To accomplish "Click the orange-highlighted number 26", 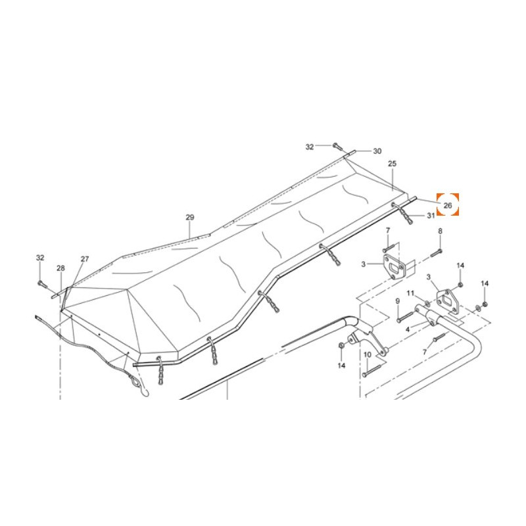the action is [448, 205].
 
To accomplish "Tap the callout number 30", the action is [377, 151].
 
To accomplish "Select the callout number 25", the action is [392, 164].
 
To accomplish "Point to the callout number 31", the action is [431, 216].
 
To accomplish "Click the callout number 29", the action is [190, 218].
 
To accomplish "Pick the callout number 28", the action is [60, 268].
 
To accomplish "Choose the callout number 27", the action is [85, 259].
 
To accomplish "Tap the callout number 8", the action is [440, 231].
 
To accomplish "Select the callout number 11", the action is [410, 293].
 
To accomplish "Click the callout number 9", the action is [398, 301].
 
